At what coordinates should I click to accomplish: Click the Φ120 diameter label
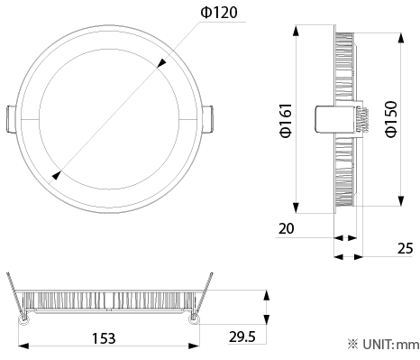[x=219, y=13]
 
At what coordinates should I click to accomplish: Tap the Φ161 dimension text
[x=286, y=120]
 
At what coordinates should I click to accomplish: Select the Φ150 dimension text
[x=391, y=119]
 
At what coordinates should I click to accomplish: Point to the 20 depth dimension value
[x=286, y=228]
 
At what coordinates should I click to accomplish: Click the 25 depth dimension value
[x=405, y=249]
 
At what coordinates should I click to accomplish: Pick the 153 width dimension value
[x=104, y=338]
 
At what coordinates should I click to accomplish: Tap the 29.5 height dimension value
[x=242, y=337]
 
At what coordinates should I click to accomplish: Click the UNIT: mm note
[x=383, y=345]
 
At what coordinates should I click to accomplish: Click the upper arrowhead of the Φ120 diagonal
[x=161, y=62]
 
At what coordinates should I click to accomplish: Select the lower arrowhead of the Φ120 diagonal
[x=57, y=175]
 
